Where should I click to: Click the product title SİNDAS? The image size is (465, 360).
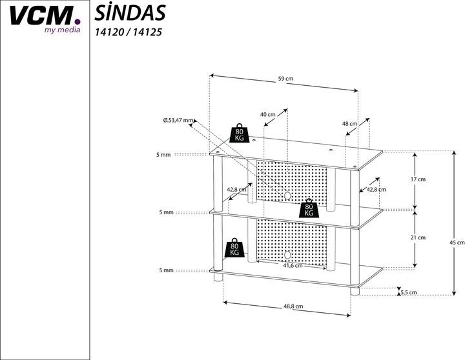click(130, 12)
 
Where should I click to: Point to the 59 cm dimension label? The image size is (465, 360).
click(285, 79)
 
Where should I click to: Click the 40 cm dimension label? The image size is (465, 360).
click(267, 114)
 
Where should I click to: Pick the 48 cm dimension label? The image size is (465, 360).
click(349, 123)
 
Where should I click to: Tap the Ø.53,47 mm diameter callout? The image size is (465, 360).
click(178, 120)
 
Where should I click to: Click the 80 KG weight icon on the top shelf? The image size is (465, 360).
click(239, 133)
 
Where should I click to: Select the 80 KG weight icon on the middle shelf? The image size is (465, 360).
click(309, 208)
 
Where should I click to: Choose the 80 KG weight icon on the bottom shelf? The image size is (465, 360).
click(234, 248)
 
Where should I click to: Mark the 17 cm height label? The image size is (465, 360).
click(418, 179)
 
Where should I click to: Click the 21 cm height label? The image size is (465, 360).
click(418, 237)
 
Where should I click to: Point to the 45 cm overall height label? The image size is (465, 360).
click(456, 242)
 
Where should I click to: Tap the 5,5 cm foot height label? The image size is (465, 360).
click(408, 292)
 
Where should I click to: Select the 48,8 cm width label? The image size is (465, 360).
click(293, 306)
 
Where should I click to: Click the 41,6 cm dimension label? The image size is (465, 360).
click(293, 265)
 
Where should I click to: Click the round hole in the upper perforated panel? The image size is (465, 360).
click(287, 195)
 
